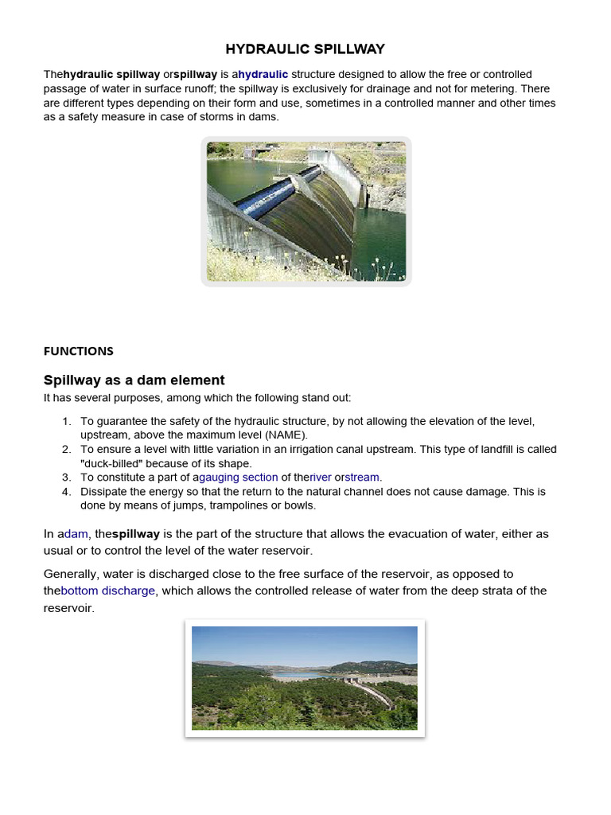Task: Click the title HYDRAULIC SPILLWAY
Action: click(x=305, y=49)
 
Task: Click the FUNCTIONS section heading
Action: click(x=78, y=351)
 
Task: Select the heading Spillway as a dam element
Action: click(x=134, y=380)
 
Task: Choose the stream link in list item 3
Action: click(x=364, y=478)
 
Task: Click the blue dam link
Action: click(x=76, y=534)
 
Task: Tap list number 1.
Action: click(x=67, y=421)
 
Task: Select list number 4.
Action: click(x=67, y=492)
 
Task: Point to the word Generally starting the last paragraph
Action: click(x=73, y=574)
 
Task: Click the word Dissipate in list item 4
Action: click(x=107, y=492)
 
